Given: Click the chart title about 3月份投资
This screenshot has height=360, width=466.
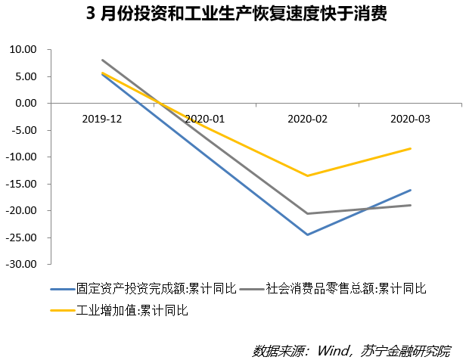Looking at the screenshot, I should [x=232, y=15].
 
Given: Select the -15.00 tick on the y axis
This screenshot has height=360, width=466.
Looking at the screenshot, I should [x=22, y=184].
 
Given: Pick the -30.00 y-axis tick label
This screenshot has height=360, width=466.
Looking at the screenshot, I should [x=22, y=265].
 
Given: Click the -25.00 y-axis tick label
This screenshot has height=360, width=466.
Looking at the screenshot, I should [x=22, y=237].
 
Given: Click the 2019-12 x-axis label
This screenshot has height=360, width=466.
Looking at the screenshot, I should [x=102, y=119].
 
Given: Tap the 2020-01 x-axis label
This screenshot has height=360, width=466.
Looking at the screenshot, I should [x=205, y=119].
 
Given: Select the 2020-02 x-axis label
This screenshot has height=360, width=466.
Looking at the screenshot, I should [x=308, y=119].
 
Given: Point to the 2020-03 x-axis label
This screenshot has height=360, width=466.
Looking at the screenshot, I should [x=411, y=119].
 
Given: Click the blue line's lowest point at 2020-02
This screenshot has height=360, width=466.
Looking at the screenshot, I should [x=308, y=234].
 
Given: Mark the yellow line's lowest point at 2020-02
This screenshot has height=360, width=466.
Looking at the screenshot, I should [x=308, y=175].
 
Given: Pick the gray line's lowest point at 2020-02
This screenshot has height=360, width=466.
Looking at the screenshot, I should [x=308, y=213].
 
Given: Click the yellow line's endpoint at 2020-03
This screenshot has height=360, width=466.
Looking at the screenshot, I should [x=411, y=148].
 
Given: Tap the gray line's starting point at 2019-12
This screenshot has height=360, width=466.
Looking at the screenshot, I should [x=102, y=60].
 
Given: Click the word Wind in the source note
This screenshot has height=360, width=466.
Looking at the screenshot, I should [x=330, y=350].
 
